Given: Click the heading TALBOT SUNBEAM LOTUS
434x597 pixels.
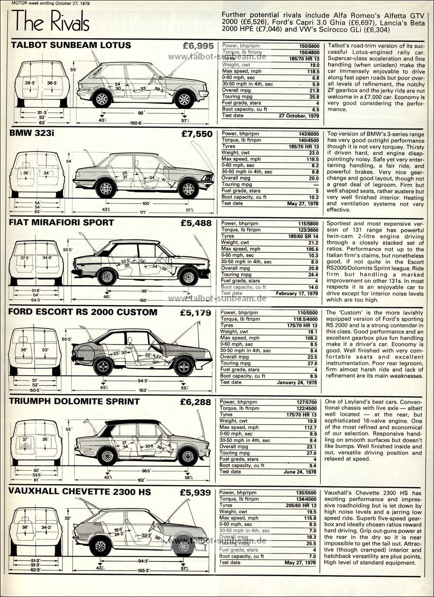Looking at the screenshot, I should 71,45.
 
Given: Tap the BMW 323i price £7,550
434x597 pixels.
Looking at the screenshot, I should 197,134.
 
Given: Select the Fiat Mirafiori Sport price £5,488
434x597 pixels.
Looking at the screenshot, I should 196,223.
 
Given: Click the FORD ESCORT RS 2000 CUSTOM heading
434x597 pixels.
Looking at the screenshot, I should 83,312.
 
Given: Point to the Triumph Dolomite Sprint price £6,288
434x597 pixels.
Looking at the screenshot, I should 196,402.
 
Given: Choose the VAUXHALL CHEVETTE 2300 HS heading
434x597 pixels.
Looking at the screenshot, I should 80,492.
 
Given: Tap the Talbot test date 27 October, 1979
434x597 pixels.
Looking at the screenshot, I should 299,116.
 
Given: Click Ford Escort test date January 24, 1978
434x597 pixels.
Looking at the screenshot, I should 297,383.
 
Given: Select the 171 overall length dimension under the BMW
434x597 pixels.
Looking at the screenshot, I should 143,212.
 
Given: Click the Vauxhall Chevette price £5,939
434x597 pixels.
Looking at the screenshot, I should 196,493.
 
